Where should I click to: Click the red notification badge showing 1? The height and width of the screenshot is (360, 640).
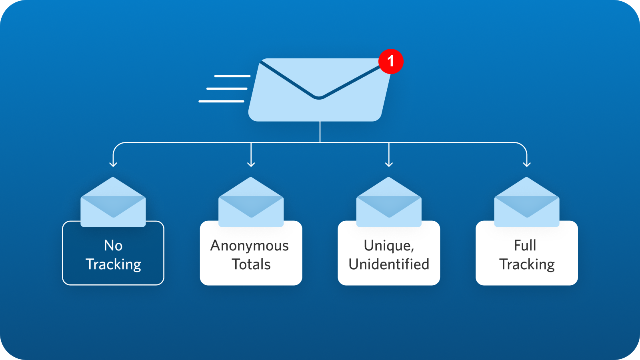point(391,62)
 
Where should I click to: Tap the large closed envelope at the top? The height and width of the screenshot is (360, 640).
point(320,90)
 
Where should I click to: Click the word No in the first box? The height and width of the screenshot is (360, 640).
point(113,246)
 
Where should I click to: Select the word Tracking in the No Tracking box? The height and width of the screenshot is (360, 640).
point(114,264)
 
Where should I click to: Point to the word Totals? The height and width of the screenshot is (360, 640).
point(251,264)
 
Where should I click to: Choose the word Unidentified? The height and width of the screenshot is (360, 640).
point(389,264)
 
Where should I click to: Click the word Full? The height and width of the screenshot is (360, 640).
point(525,246)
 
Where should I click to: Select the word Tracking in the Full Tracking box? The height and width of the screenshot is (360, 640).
point(527,264)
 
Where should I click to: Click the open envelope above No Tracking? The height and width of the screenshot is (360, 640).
point(113,202)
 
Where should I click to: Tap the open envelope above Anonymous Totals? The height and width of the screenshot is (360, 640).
point(251,202)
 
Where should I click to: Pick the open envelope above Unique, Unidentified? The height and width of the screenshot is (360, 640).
point(389,202)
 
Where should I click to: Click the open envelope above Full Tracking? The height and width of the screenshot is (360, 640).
point(526,202)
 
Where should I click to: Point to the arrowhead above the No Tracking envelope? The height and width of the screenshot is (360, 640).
point(113,164)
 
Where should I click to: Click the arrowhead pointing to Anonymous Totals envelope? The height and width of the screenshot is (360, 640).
point(251,164)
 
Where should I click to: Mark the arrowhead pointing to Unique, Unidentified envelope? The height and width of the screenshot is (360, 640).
point(389,164)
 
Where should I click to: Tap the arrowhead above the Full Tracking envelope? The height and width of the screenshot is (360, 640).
point(526,164)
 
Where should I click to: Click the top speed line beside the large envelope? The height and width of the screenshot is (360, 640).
point(232,76)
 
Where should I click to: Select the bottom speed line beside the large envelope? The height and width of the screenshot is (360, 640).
point(222,101)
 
